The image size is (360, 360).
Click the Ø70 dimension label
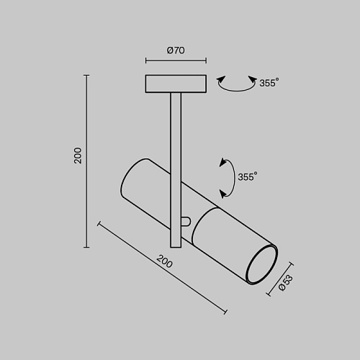click(176, 50)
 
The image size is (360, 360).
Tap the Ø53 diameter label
click(286, 283)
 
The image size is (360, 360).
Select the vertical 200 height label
click(78, 156)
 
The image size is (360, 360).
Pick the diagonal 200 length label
click(164, 261)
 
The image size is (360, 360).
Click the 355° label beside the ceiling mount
click(269, 83)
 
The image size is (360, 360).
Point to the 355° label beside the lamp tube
click(248, 176)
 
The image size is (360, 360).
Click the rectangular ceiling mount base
click(176, 84)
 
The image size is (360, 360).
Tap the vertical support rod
click(176, 170)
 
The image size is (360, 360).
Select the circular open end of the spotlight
click(261, 265)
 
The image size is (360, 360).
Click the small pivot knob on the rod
click(186, 222)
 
